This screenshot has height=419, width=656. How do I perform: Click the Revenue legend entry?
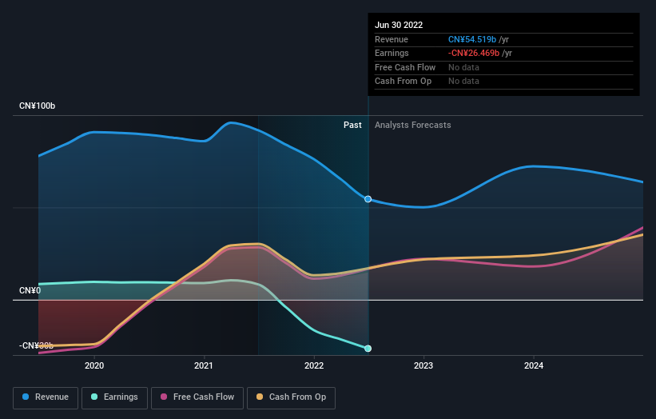46,397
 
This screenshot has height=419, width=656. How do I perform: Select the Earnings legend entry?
114,397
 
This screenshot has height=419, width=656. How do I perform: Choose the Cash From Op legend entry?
291,397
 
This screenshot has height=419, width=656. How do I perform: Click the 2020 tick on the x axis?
94,365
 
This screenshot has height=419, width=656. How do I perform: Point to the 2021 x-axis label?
205,365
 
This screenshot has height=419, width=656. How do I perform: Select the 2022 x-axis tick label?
314,365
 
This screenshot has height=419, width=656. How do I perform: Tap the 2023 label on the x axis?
423,365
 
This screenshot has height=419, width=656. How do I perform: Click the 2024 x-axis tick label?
534,365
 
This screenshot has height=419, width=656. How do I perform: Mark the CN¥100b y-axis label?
38,106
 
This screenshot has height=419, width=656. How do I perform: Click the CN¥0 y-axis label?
30,290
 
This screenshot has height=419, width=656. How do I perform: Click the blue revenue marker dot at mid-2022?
368,199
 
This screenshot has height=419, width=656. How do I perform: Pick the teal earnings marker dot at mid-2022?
368,349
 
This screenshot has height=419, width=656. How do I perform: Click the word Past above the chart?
352,125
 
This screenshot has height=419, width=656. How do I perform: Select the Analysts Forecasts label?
412,125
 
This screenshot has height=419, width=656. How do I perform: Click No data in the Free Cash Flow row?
463,67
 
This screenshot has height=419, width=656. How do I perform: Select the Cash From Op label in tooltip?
403,81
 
